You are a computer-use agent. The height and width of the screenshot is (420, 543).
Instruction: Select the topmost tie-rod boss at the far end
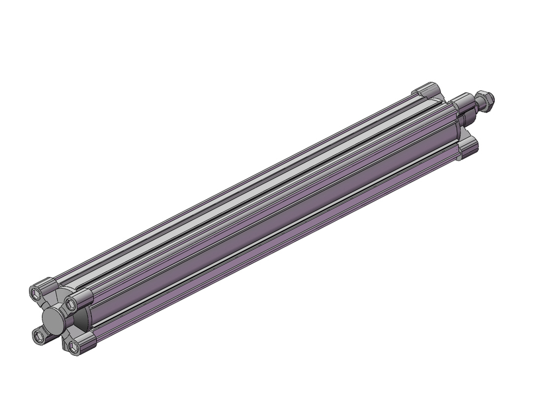click(426, 89)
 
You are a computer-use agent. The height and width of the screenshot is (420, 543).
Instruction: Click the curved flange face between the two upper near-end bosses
click(60, 294)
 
